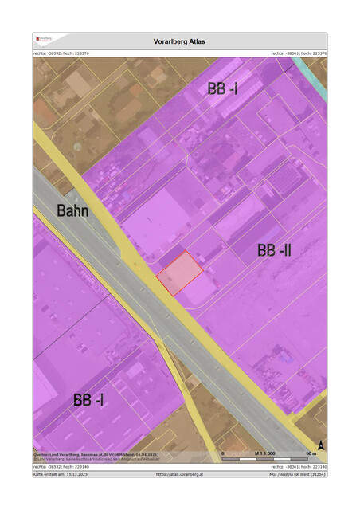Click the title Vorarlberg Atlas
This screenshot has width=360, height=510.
(179, 41)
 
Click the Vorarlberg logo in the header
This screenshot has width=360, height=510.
(45, 39)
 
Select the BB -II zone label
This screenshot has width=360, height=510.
(274, 251)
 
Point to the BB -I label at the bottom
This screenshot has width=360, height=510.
(88, 400)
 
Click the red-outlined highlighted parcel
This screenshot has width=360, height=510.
(180, 273)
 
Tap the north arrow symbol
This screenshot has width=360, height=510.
(320, 445)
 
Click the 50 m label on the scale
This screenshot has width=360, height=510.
(310, 453)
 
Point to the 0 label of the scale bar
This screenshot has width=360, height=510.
(223, 453)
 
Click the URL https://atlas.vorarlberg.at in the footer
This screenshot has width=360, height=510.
(180, 474)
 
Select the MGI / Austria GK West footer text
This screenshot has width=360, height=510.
(297, 474)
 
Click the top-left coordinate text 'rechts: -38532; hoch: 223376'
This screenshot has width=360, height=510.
(61, 53)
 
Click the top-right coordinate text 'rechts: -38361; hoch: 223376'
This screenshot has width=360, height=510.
(299, 53)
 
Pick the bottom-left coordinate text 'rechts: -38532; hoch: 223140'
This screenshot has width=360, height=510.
(61, 466)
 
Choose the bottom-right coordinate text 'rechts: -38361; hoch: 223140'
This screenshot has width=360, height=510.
(299, 466)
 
